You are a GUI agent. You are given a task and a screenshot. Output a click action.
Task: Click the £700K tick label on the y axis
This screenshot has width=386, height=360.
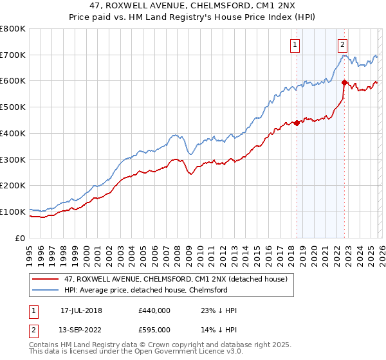pyautogui.click(x=13, y=55)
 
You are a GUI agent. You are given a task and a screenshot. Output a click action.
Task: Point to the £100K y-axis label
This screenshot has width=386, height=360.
pyautogui.click(x=13, y=212)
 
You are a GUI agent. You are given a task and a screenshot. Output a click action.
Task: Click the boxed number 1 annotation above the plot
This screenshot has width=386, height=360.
pyautogui.click(x=295, y=44)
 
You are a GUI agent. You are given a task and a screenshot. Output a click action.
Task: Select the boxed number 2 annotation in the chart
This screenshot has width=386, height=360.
pyautogui.click(x=342, y=44)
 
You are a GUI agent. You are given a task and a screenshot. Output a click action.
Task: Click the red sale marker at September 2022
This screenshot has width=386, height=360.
pyautogui.click(x=344, y=82)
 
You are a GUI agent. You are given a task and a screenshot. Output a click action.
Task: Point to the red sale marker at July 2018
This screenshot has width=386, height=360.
pyautogui.click(x=297, y=123)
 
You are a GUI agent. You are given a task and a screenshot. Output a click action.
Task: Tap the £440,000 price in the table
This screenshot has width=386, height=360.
pyautogui.click(x=154, y=310)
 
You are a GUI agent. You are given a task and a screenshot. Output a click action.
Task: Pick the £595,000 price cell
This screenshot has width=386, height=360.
pyautogui.click(x=154, y=330)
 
